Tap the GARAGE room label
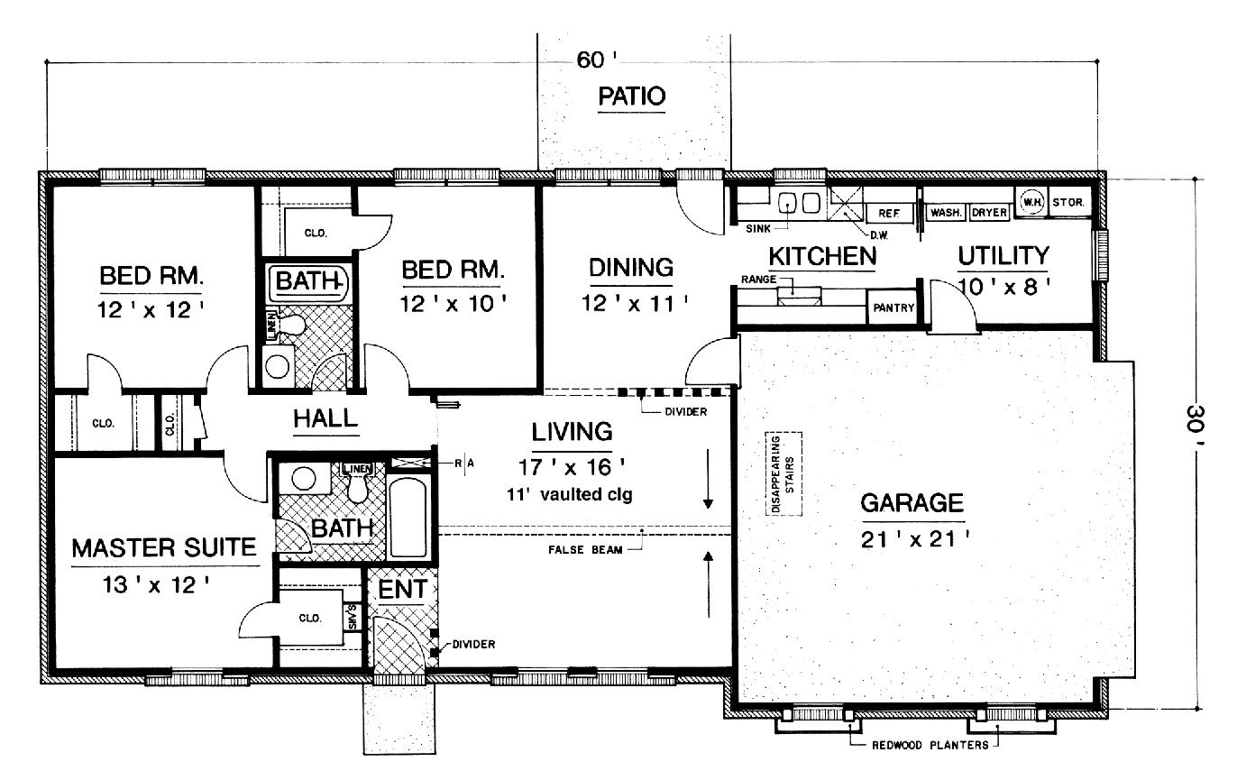coord(912,503)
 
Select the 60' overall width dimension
coord(595,60)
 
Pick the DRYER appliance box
coord(989,213)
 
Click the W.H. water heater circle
coord(1031,201)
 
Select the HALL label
coord(325,419)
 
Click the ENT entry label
coord(401,591)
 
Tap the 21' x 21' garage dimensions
coord(912,541)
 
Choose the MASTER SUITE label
coord(165,548)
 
